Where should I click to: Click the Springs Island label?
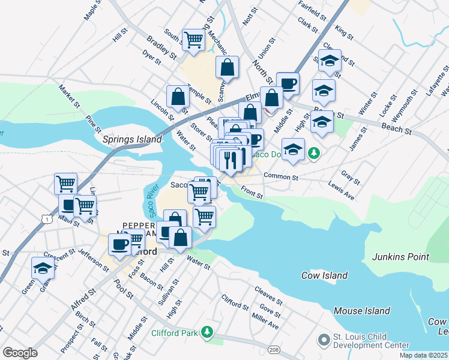pyautogui.click(x=132, y=139)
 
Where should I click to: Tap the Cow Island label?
pyautogui.click(x=324, y=275)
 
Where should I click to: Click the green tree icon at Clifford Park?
pyautogui.click(x=207, y=332)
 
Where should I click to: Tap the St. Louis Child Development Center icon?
pyautogui.click(x=324, y=341)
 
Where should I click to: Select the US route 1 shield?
pyautogui.click(x=46, y=220)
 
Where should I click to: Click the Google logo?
pyautogui.click(x=20, y=353)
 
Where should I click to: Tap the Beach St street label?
pyautogui.click(x=398, y=128)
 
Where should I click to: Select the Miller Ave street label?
pyautogui.click(x=265, y=322)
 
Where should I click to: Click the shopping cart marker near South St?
pyautogui.click(x=194, y=40)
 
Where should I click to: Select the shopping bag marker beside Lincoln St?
pyautogui.click(x=178, y=96)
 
